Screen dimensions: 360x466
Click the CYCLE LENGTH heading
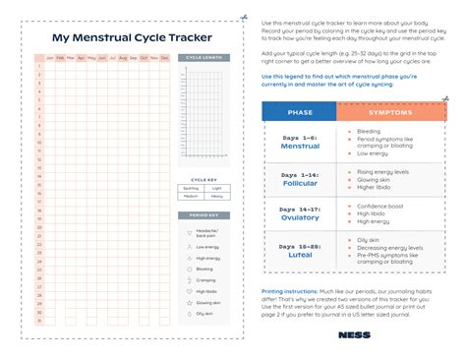pos(205,59)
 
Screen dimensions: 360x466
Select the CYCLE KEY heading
pos(205,180)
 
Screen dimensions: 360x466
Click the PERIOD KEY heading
pos(205,214)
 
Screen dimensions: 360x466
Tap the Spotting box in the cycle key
pos(192,188)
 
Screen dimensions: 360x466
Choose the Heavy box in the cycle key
pos(218,196)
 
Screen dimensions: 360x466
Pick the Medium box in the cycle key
pos(192,196)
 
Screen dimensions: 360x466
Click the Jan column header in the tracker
pos(50,58)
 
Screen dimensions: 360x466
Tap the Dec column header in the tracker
pos(164,58)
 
